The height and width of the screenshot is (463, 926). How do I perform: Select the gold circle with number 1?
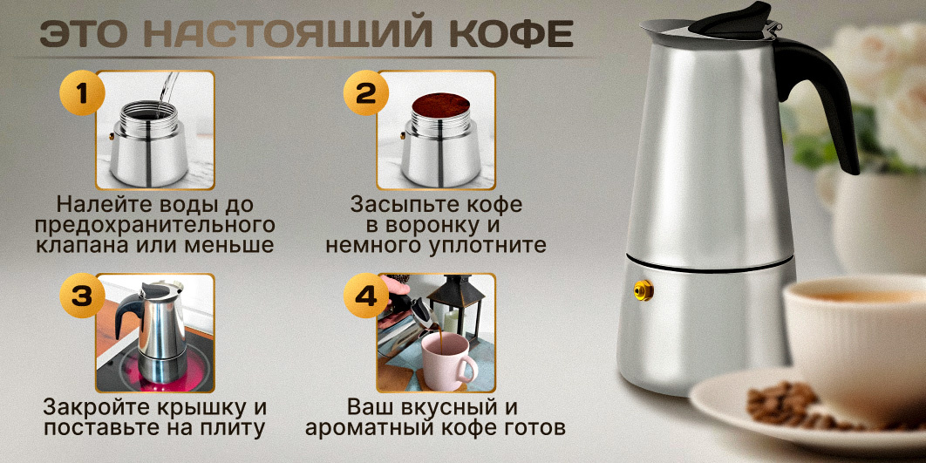click(x=82, y=92)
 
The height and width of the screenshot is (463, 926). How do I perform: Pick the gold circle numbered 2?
click(x=366, y=92)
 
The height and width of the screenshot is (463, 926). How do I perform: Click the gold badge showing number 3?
click(x=82, y=296)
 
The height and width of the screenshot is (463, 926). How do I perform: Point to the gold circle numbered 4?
click(x=366, y=296)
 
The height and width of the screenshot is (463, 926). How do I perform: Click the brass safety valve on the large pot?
click(x=643, y=290)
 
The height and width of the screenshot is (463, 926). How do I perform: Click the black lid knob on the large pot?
click(x=733, y=19)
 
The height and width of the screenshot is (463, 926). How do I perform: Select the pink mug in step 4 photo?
click(x=447, y=361)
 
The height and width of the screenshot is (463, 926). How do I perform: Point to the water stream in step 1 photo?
click(x=166, y=92)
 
